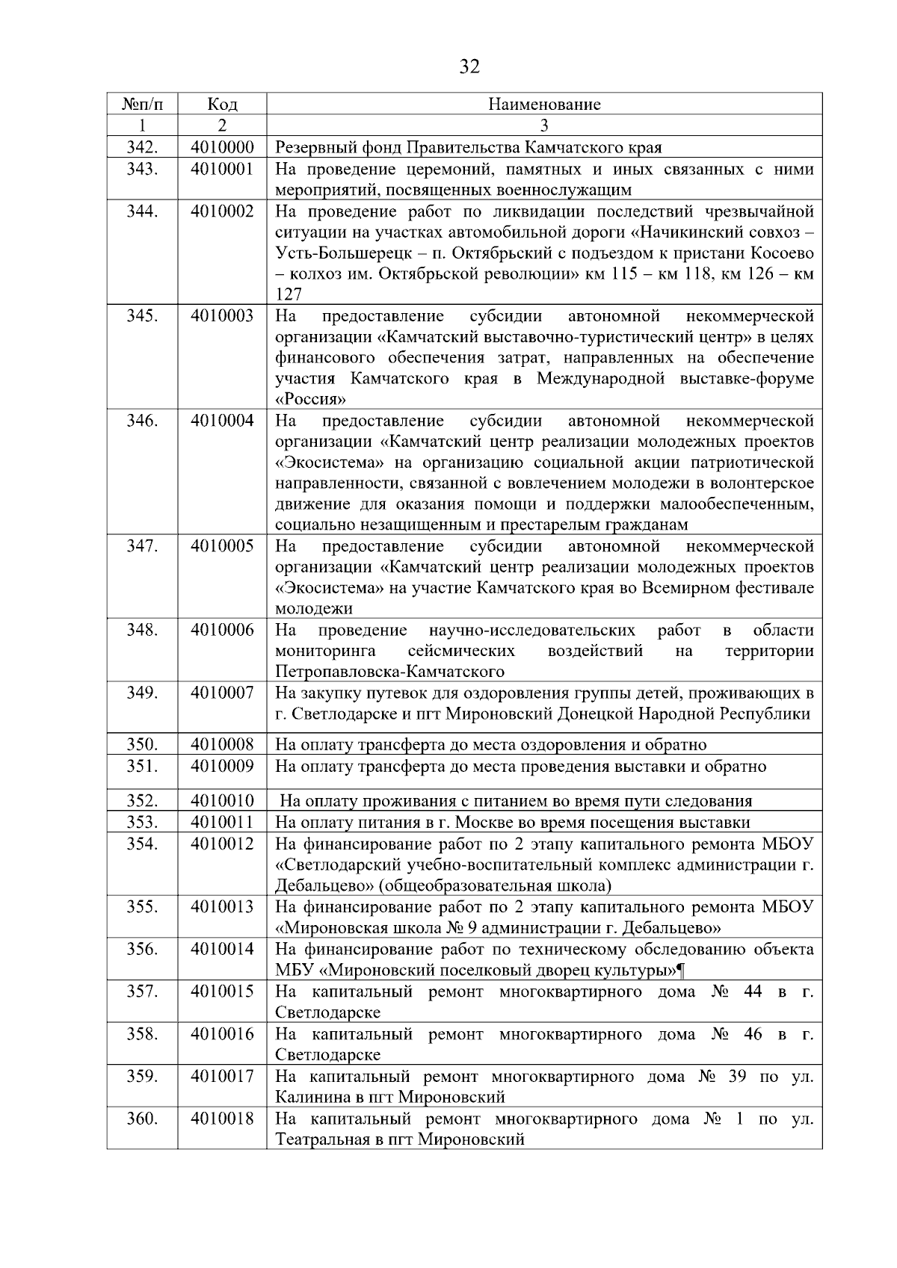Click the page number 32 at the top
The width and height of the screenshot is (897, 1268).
click(x=469, y=67)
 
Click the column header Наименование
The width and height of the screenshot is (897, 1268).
click(x=544, y=104)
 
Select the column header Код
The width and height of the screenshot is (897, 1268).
click(x=222, y=104)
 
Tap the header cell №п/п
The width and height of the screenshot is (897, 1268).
click(x=141, y=104)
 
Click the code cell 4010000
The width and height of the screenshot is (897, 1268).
click(x=222, y=147)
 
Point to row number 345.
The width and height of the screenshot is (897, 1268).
click(x=141, y=316)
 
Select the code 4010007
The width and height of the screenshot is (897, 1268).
click(x=222, y=693)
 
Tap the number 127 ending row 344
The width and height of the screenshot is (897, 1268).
click(x=289, y=294)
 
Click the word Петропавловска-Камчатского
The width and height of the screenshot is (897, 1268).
click(x=389, y=672)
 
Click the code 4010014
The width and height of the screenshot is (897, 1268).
click(x=222, y=950)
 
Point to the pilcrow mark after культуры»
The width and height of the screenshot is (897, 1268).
click(x=680, y=971)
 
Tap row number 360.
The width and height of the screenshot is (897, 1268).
click(x=141, y=1119)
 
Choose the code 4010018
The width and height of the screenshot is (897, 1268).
click(x=222, y=1119)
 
